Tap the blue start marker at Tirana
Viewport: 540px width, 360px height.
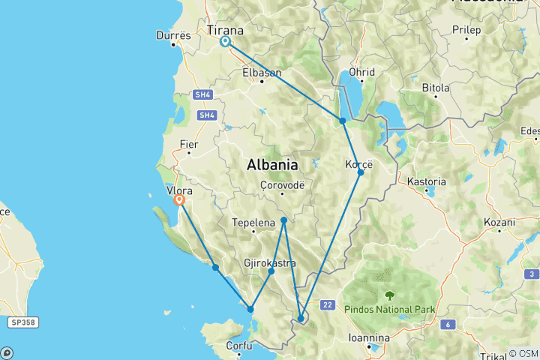point(225,42)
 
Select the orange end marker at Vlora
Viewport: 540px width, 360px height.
point(179,200)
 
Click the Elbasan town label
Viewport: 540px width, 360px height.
point(262,73)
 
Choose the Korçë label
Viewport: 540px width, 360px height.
point(359,163)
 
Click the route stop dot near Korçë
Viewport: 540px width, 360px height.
point(361,172)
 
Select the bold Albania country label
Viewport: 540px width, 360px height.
point(272,164)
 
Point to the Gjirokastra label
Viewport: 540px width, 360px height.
point(270,263)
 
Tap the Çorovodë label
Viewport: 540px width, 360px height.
point(281,184)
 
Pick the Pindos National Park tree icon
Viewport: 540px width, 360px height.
point(389,295)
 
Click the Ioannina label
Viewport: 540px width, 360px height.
point(369,337)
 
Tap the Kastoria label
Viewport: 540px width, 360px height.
point(426,181)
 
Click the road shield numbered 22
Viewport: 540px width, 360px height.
point(328,304)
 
